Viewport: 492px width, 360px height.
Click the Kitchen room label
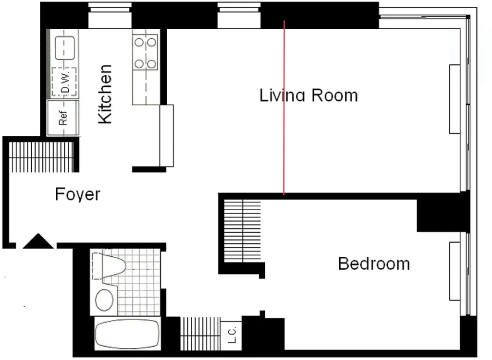click(x=105, y=94)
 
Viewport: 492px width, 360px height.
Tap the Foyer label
click(x=77, y=194)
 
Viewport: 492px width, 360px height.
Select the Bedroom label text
click(x=374, y=264)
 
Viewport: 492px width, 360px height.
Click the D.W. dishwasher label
click(x=65, y=82)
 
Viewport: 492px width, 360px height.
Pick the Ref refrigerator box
click(x=63, y=118)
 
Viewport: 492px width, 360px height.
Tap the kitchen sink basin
click(x=65, y=48)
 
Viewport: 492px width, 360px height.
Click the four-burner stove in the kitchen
click(x=145, y=52)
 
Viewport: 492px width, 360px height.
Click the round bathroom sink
click(x=104, y=300)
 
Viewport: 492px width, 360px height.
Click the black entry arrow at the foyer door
click(x=38, y=241)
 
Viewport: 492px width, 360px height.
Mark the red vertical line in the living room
click(x=284, y=108)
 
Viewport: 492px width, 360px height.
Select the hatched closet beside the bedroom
click(x=242, y=231)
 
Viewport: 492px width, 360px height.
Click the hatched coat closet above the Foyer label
click(x=41, y=157)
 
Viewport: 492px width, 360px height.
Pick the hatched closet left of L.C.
click(x=200, y=334)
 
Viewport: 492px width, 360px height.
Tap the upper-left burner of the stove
click(x=139, y=42)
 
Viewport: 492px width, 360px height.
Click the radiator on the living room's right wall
click(x=455, y=99)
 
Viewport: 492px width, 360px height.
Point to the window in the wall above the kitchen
click(x=110, y=15)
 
